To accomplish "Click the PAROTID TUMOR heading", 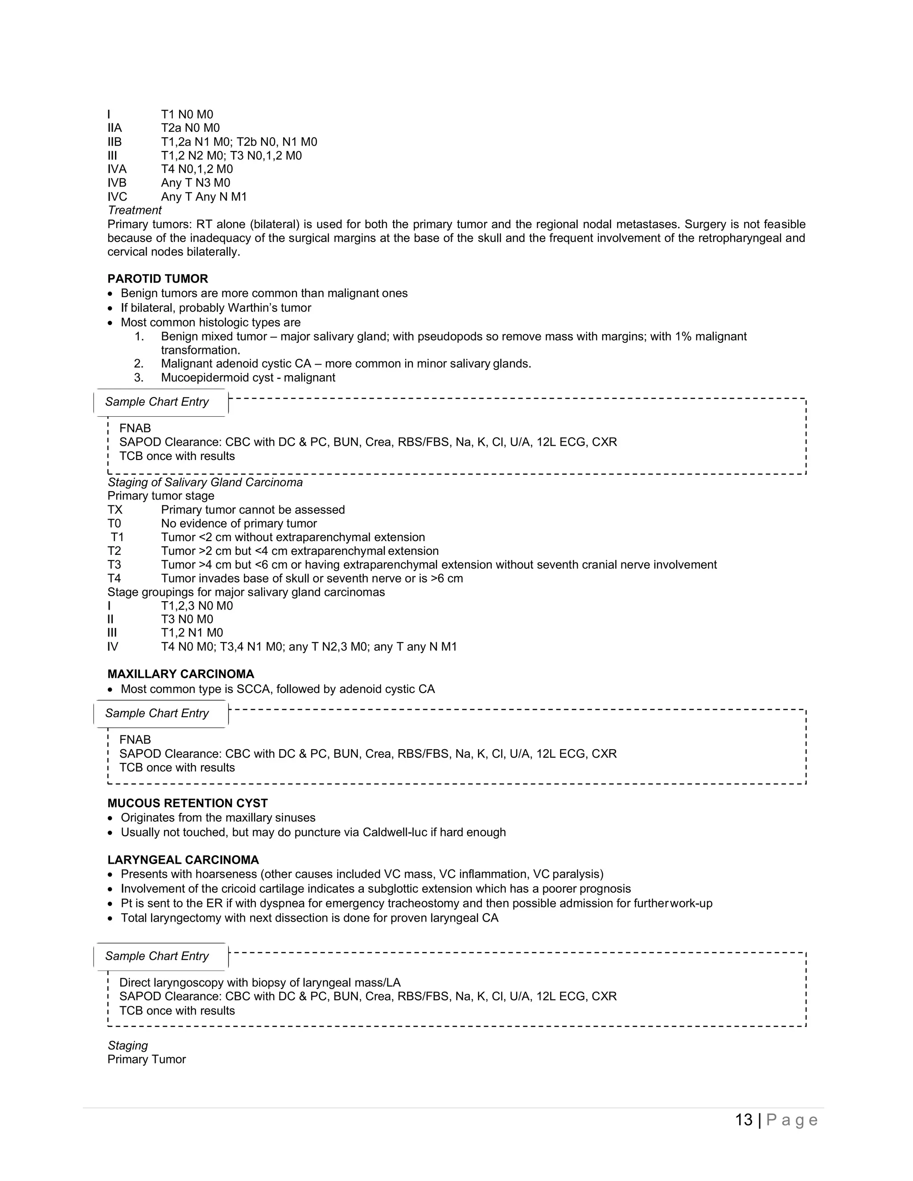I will [x=157, y=279].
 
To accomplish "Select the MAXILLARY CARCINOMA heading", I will [x=181, y=674].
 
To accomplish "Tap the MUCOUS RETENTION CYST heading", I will [x=187, y=803].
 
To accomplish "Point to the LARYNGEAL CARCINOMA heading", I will [x=183, y=860].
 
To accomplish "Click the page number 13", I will [x=744, y=1119].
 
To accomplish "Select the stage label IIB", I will [x=115, y=142].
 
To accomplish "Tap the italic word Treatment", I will [x=134, y=210].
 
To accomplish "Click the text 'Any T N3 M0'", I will [x=195, y=183].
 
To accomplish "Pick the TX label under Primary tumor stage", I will [x=115, y=509].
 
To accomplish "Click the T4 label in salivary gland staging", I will [x=114, y=578].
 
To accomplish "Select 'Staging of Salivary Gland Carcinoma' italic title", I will [x=205, y=482].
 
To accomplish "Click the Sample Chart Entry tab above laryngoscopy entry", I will [x=157, y=955].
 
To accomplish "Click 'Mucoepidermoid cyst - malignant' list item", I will [x=248, y=377].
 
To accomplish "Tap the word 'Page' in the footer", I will [x=792, y=1119].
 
